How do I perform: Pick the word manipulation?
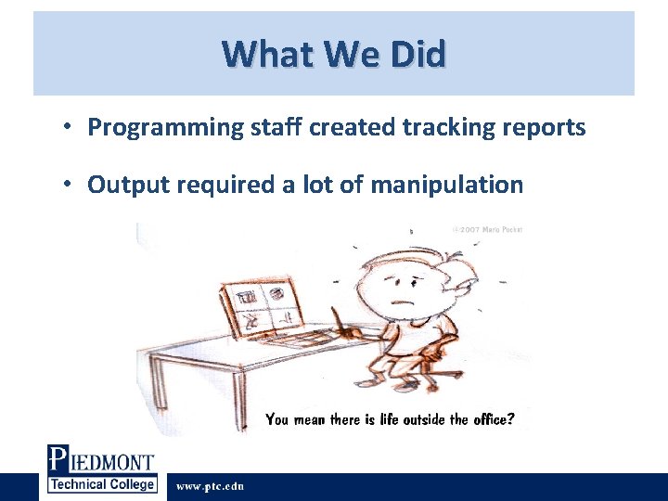coord(446,186)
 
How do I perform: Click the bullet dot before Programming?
coord(70,128)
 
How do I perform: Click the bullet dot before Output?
coord(70,185)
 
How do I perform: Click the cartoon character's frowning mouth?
coord(404,303)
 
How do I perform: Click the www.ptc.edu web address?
coord(210,486)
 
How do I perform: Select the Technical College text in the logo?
coord(102,484)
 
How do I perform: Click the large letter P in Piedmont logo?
coord(58,461)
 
